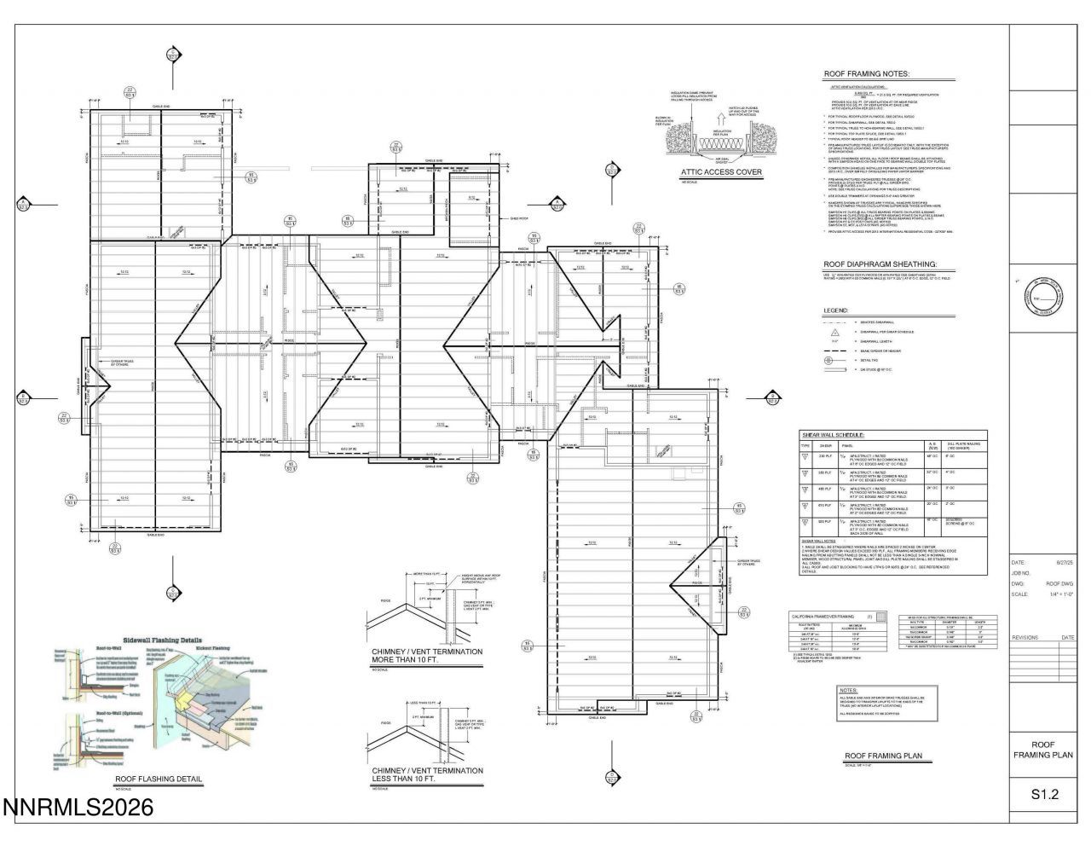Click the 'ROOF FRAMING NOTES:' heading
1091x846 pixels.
pos(866,74)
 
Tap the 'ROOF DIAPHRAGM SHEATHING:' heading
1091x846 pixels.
pos(879,264)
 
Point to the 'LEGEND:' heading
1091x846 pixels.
pos(836,310)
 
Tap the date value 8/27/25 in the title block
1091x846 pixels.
pos(1065,563)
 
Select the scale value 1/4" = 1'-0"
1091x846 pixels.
pos(1064,594)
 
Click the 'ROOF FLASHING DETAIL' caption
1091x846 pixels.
pos(159,779)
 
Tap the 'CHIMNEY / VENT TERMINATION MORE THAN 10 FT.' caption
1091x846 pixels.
pos(426,656)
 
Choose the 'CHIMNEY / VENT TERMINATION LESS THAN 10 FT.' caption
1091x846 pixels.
pos(426,774)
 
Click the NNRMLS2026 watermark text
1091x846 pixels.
pos(78,807)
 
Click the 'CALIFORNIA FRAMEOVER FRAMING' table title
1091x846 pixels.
pos(823,617)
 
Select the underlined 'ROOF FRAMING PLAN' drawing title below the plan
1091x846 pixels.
pos(882,756)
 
